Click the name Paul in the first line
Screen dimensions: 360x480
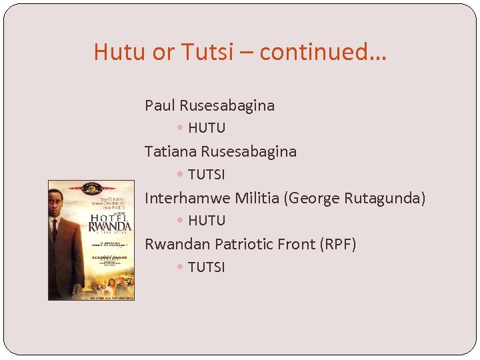159,105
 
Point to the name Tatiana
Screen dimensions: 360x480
170,151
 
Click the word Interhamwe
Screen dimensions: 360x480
187,198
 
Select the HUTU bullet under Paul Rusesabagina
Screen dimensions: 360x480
207,128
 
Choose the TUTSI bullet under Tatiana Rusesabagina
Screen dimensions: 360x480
207,175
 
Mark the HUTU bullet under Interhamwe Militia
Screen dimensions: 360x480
207,221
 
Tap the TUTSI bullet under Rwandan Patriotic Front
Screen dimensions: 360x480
207,267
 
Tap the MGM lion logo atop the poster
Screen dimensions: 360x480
91,187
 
